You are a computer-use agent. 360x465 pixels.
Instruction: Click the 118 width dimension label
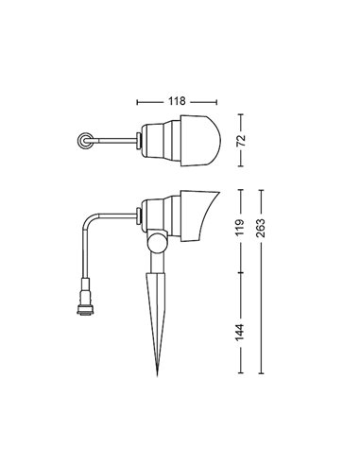(177, 101)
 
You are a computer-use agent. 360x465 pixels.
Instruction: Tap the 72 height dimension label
(241, 141)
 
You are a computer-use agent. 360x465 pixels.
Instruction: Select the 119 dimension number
(240, 228)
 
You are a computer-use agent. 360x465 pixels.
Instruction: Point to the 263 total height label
(261, 228)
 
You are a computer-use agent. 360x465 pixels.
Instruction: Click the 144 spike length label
(240, 332)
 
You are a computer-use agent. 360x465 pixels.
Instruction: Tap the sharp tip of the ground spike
(157, 375)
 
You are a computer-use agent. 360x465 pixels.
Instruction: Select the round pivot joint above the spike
(157, 240)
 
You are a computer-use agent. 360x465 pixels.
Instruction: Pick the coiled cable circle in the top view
(85, 141)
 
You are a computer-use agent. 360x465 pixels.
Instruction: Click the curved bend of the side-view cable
(89, 219)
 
